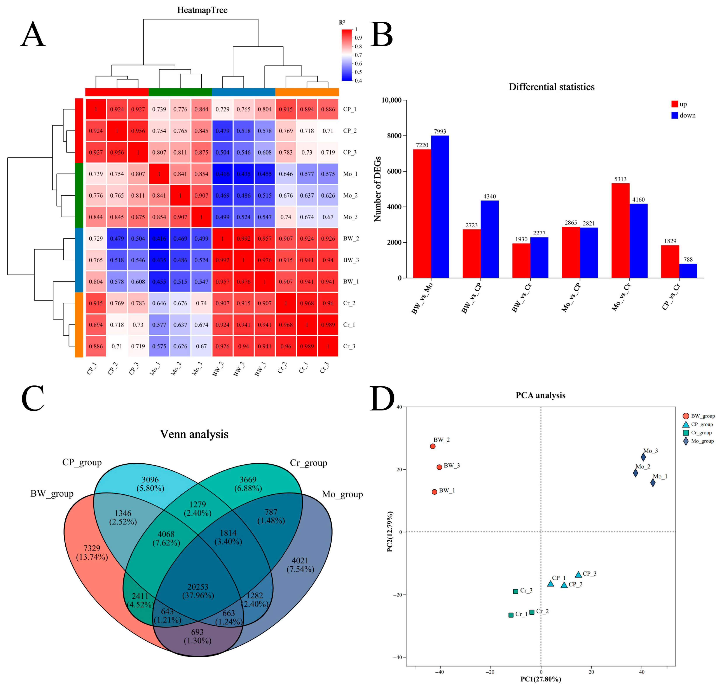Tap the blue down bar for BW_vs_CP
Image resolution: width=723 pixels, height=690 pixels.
point(489,239)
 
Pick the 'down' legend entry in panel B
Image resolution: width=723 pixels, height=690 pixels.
point(683,115)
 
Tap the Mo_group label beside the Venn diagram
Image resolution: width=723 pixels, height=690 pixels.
point(342,494)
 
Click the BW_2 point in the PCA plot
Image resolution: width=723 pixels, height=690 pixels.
point(433,446)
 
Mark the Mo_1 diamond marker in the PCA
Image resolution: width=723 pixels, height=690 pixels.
point(653,483)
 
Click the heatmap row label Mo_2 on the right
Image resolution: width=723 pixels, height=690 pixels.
point(350,195)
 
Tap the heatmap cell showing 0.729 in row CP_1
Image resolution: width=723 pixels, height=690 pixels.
point(222,109)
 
